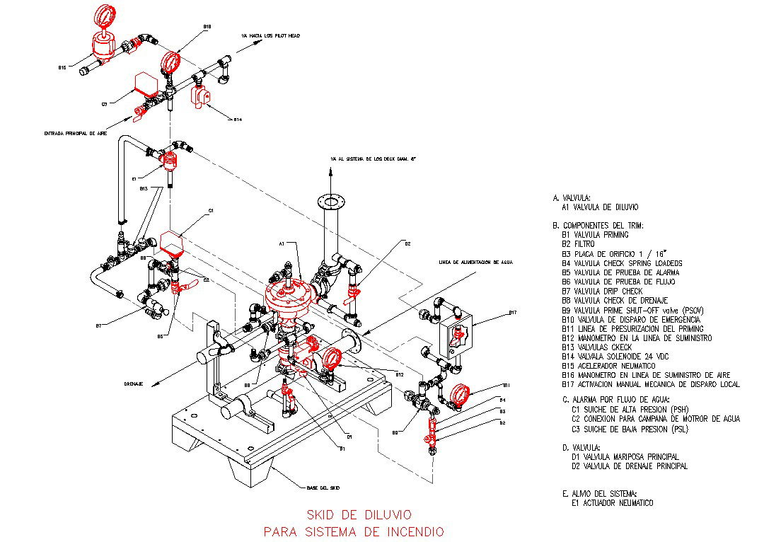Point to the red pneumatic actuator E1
(x=170, y=161)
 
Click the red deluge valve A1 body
(x=289, y=294)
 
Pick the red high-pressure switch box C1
(x=173, y=242)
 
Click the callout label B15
(x=62, y=68)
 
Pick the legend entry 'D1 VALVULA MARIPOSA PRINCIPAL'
(x=625, y=457)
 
